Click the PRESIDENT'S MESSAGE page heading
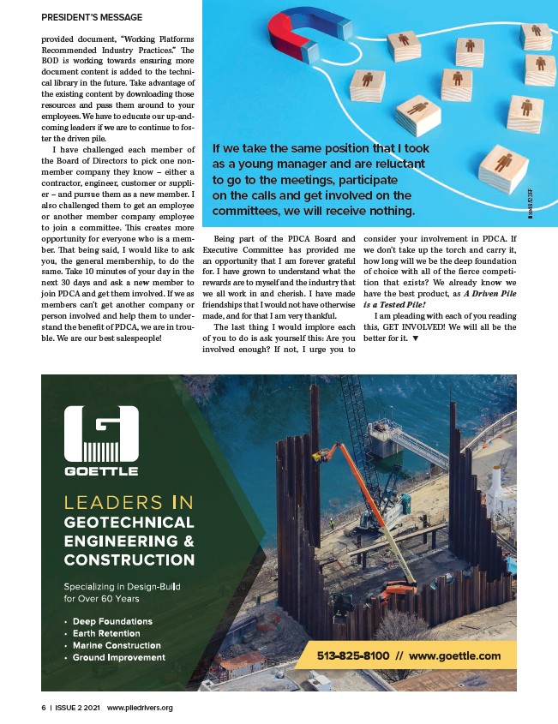[92, 15]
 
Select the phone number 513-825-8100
[352, 655]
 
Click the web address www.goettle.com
[455, 655]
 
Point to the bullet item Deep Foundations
[111, 621]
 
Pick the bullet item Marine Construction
[117, 645]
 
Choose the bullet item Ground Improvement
[118, 657]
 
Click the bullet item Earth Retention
[108, 633]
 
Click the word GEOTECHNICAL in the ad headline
[129, 522]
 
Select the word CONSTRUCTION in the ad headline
[129, 560]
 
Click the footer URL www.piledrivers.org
[140, 708]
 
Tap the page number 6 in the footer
[43, 708]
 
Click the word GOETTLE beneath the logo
[101, 470]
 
